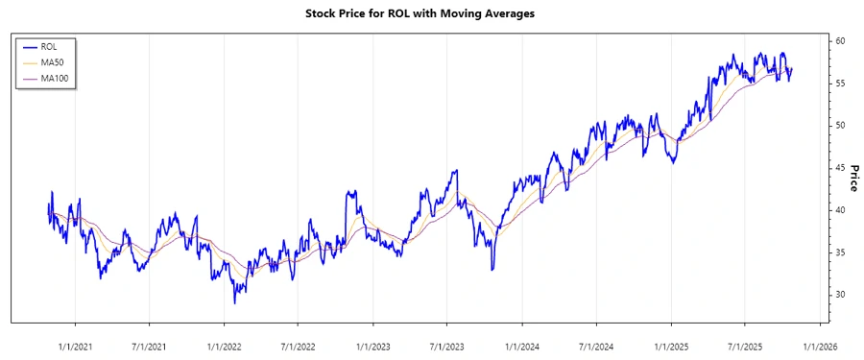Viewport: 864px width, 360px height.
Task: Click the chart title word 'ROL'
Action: tap(401, 14)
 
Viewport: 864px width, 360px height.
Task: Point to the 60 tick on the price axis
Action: tap(839, 41)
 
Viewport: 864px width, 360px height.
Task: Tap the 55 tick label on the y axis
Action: tap(839, 84)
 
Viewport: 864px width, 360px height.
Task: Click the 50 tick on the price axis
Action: tap(839, 126)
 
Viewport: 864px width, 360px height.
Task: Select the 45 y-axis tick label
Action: tap(839, 168)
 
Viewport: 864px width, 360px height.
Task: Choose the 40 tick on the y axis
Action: tap(839, 210)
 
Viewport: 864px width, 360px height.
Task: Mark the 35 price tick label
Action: tap(839, 252)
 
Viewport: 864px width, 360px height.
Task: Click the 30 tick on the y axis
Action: tap(839, 295)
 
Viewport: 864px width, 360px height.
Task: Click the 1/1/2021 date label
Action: tap(75, 346)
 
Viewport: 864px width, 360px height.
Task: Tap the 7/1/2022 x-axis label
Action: tap(299, 346)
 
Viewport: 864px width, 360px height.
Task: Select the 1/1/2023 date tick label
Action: tap(373, 346)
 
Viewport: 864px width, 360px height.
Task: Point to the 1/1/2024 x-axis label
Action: tap(522, 346)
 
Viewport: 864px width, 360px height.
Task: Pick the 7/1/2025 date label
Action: tap(745, 346)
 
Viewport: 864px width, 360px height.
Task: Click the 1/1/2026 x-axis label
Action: tap(820, 346)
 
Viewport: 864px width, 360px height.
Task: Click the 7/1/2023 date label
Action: tap(447, 346)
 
